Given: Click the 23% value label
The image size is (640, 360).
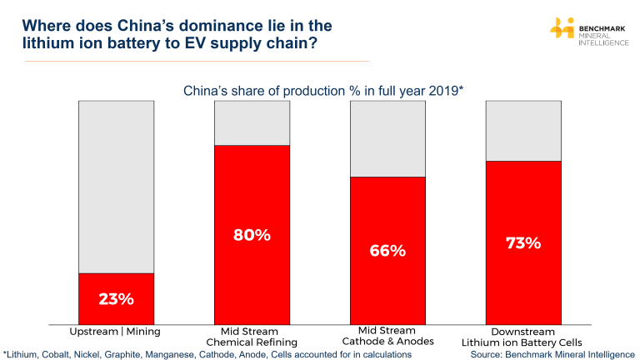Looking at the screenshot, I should tap(116, 298).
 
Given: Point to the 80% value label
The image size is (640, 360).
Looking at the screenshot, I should tap(252, 235).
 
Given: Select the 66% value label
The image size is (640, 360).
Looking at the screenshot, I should tap(387, 250).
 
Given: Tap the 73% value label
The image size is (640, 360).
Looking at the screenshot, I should tap(523, 243).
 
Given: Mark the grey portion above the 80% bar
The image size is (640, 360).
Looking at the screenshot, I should tap(252, 123).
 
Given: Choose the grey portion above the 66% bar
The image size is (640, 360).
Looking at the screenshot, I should tap(387, 138).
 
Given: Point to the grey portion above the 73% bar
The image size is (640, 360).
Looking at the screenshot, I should tap(523, 131).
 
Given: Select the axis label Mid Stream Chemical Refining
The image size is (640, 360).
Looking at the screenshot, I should tap(252, 337).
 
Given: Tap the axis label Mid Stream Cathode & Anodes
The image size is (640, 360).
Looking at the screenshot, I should tap(387, 337).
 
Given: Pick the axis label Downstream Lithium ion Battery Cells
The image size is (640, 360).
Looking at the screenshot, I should tap(523, 337).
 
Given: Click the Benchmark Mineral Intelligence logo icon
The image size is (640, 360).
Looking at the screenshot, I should tap(562, 29).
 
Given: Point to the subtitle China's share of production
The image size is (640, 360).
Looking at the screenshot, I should tap(323, 91).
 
